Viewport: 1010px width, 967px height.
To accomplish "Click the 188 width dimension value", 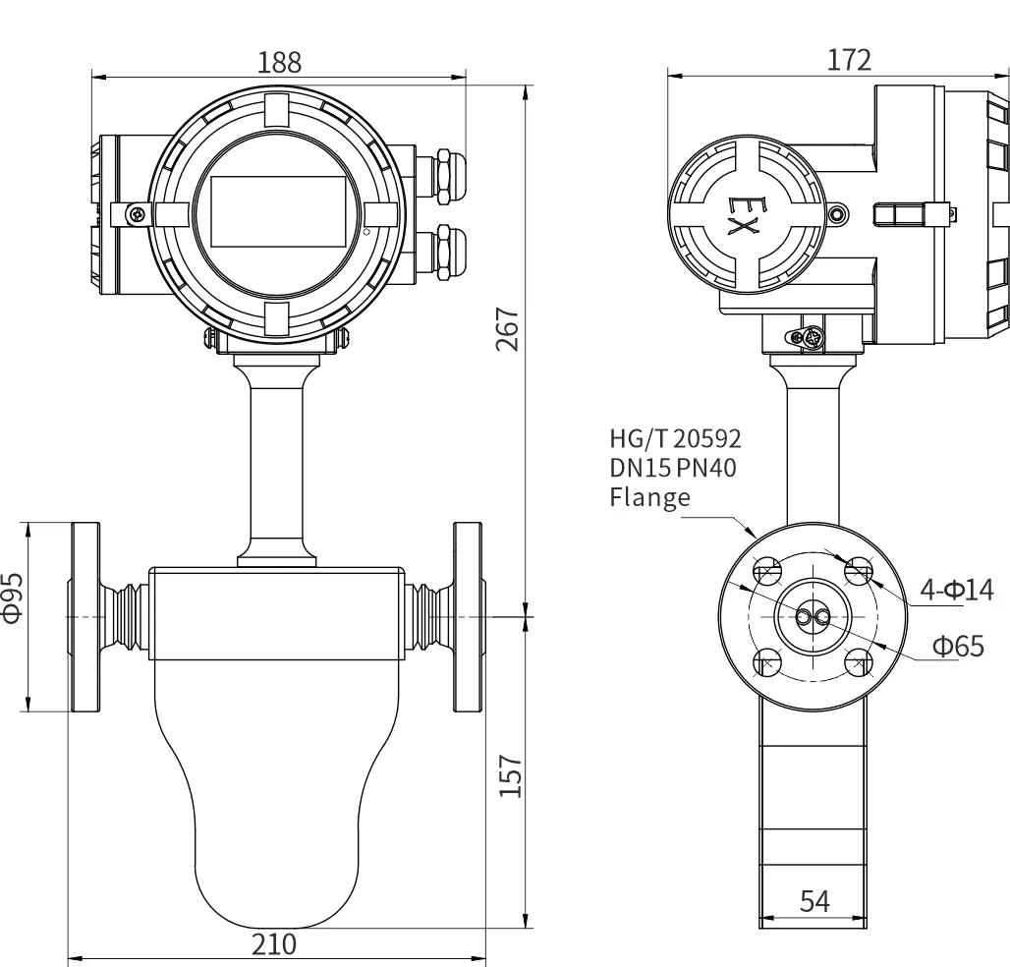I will coord(279,62).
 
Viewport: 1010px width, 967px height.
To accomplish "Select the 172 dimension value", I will coord(848,60).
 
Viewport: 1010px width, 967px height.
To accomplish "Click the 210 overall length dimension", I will coord(274,944).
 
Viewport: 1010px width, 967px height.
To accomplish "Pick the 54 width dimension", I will coord(814,900).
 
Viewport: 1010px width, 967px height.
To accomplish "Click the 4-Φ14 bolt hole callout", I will coord(955,590).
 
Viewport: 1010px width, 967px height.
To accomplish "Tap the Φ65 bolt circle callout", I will coord(958,647).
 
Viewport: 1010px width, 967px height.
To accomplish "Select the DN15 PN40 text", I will coord(673,468).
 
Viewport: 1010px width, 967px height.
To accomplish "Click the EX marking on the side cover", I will coord(743,216).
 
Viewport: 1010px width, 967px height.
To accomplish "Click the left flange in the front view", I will coord(84,616).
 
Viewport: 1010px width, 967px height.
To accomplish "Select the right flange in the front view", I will coord(468,616).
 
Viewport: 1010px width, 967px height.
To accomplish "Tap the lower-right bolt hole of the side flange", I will coord(859,661).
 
